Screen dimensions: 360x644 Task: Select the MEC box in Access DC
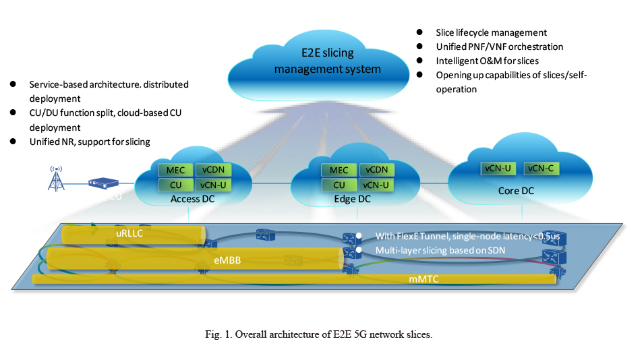pyautogui.click(x=175, y=170)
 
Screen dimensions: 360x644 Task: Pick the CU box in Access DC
pyautogui.click(x=175, y=185)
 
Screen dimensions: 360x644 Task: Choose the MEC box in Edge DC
pyautogui.click(x=339, y=171)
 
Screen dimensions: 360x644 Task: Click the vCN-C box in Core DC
pyautogui.click(x=540, y=168)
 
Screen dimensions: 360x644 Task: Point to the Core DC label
pyautogui.click(x=516, y=191)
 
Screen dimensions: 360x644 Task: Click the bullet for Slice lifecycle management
pyautogui.click(x=419, y=32)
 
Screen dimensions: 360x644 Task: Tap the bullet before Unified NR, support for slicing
pyautogui.click(x=12, y=141)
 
